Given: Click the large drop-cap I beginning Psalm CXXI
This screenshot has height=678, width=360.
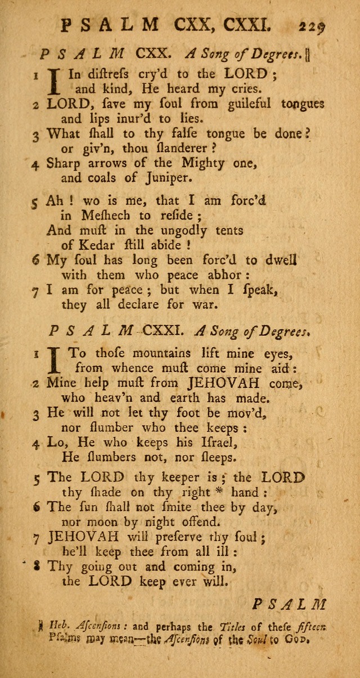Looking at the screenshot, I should [x=55, y=360].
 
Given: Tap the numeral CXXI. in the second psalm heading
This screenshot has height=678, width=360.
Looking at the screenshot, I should [x=162, y=331].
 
